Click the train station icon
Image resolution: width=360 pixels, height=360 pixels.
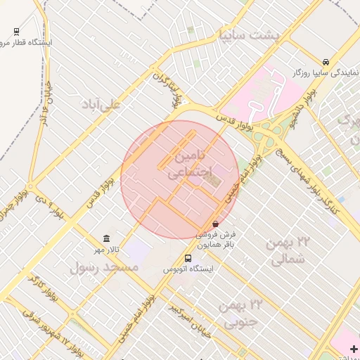tap(16, 32)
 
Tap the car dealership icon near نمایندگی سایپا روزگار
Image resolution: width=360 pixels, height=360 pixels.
tap(325, 61)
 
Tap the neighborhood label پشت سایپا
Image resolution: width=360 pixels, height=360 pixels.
tap(248, 33)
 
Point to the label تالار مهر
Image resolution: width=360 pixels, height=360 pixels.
tap(109, 250)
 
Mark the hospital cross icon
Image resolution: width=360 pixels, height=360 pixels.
tap(354, 349)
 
